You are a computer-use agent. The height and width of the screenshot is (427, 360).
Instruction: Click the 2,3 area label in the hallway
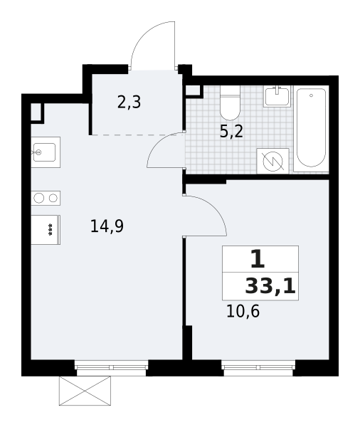pos(129,102)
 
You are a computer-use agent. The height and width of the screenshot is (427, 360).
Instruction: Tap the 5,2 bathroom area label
pos(231,132)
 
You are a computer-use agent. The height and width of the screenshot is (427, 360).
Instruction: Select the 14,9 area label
pos(107,226)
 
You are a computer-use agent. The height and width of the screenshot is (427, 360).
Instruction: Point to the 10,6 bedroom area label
pos(243,311)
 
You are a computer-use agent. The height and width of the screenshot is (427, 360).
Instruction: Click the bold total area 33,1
pos(270,287)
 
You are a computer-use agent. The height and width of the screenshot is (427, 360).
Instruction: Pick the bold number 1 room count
pos(258,259)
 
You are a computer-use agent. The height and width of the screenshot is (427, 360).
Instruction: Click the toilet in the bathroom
pos(230,103)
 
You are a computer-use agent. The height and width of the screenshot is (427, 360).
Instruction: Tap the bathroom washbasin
pos(277,96)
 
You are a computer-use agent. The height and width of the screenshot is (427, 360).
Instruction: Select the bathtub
pos(311,128)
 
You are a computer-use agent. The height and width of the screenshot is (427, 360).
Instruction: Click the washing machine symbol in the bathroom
pos(273,162)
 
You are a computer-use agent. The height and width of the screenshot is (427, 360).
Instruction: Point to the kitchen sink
pos(46,152)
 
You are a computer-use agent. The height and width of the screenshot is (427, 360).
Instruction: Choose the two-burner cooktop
pos(46,198)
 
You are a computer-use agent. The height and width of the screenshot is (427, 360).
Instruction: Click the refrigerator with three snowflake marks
pos(46,230)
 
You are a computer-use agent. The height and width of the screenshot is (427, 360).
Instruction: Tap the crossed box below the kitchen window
pos(85,391)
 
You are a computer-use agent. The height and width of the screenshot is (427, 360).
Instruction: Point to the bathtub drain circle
pos(311,95)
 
